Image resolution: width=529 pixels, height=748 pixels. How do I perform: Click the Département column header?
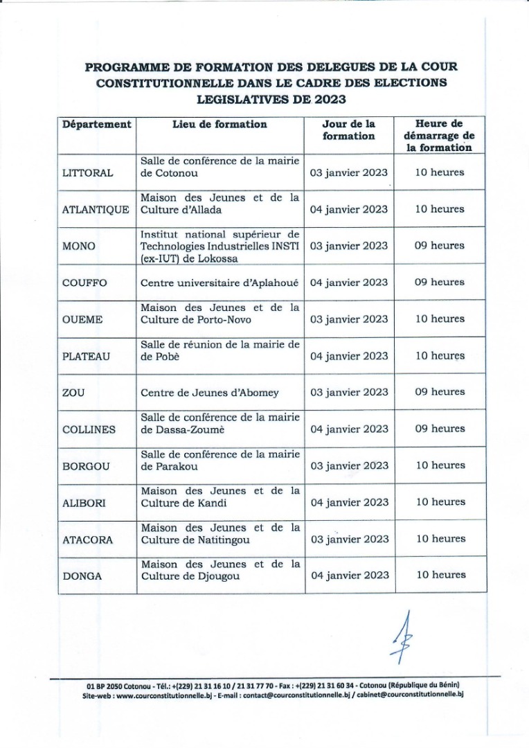[96, 125]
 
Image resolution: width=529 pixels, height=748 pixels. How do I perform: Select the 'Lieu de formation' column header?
[219, 125]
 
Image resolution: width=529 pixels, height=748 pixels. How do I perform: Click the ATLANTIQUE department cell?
[96, 210]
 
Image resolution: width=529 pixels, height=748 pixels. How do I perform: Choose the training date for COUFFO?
[350, 283]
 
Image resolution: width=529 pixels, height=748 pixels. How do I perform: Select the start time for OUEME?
[440, 319]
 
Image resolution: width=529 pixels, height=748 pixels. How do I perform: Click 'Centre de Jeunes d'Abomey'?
[210, 393]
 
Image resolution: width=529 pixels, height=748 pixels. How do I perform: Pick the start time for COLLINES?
[440, 429]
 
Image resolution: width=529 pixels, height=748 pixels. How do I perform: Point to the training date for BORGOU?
[350, 465]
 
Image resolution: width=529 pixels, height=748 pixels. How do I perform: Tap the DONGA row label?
[80, 576]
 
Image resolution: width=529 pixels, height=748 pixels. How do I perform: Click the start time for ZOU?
[440, 392]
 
